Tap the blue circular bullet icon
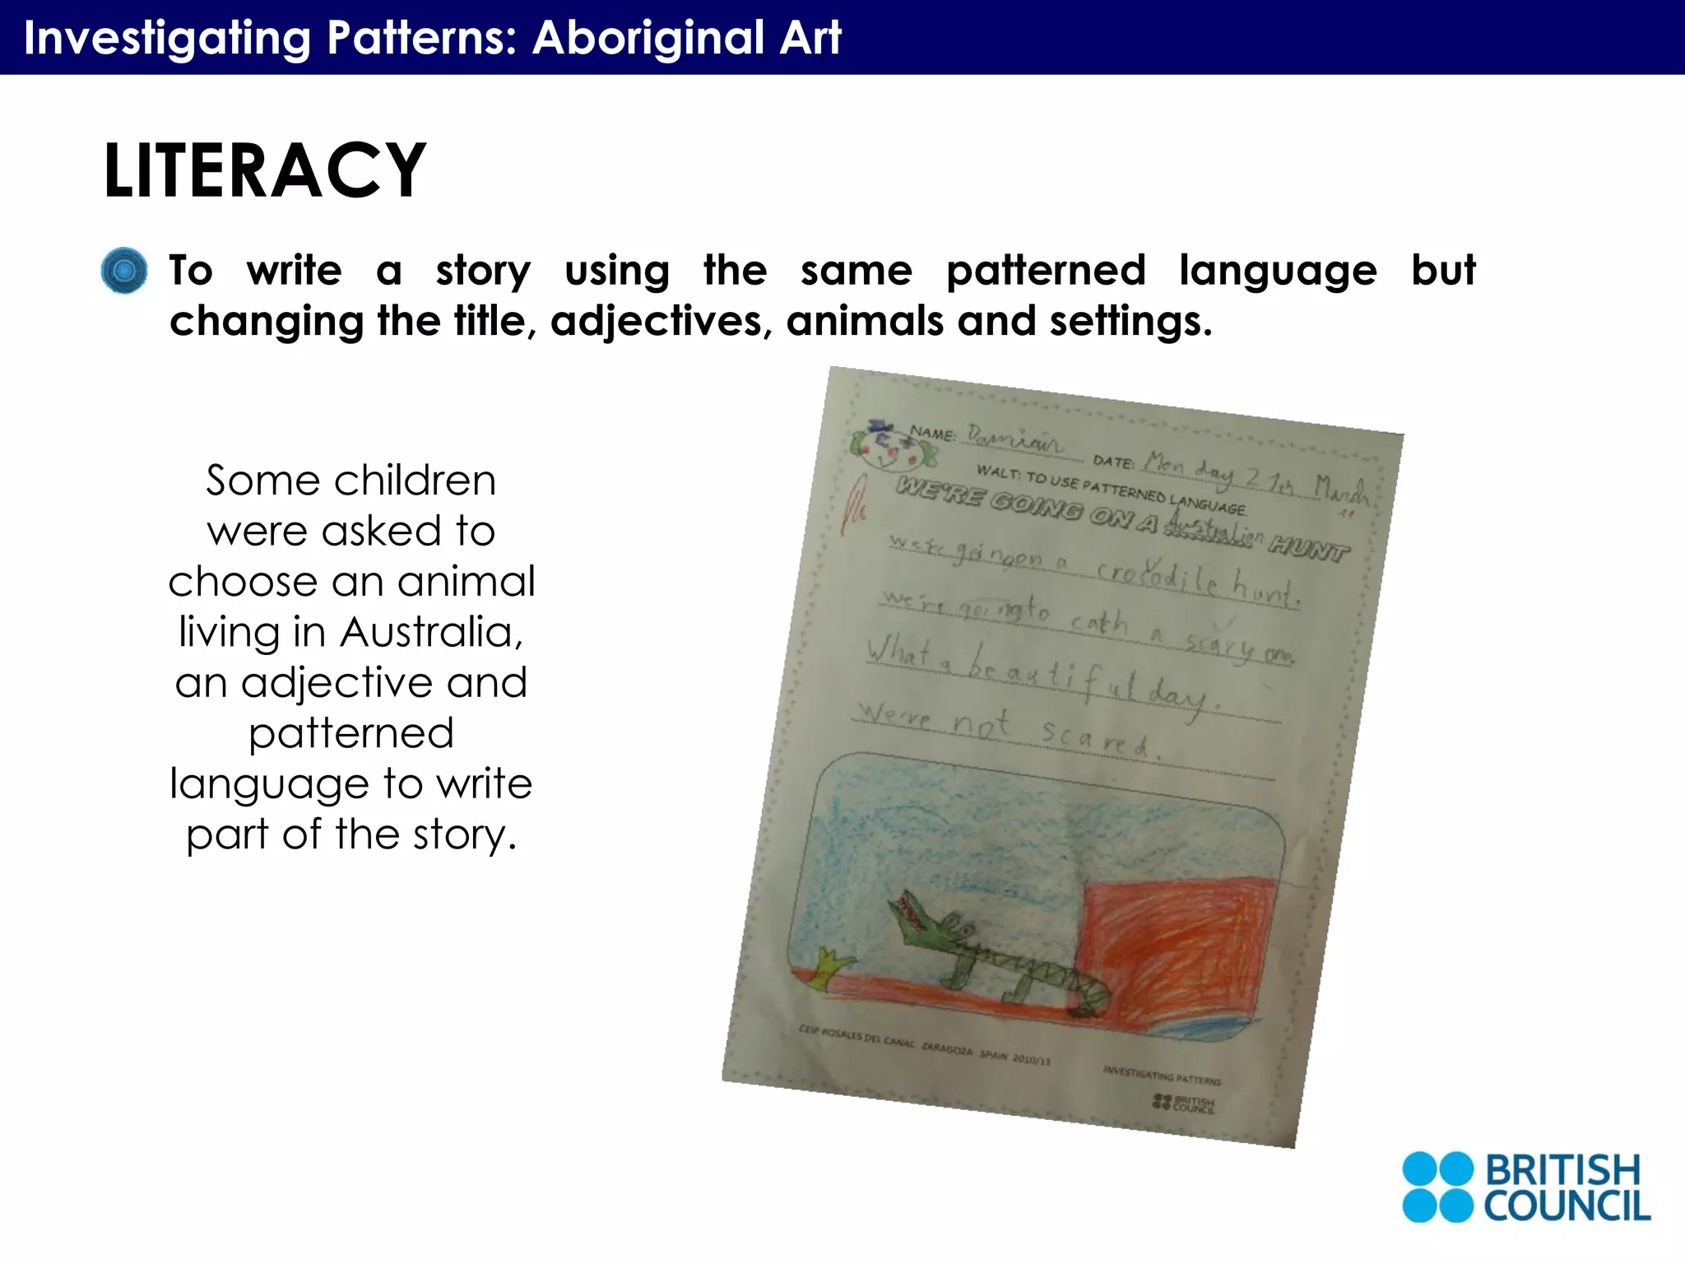coord(124,271)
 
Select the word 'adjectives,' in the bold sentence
coord(661,321)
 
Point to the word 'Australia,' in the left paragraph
coord(432,632)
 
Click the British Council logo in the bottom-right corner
coord(1526,1187)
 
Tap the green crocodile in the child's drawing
coord(987,955)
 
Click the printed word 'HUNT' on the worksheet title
coord(1308,549)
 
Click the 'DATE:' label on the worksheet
coord(1113,462)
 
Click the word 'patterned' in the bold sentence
coord(1046,270)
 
